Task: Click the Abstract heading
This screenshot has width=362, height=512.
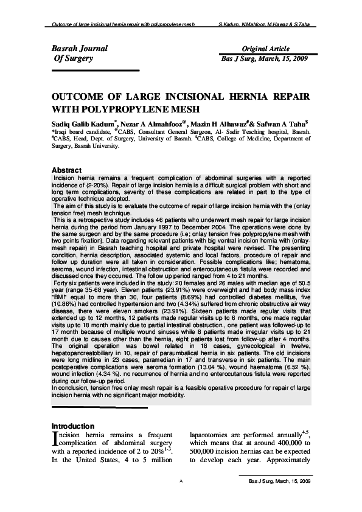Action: [x=68, y=169]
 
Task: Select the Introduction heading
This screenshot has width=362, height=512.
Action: [x=73, y=426]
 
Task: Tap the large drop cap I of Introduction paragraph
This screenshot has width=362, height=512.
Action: [x=55, y=439]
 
